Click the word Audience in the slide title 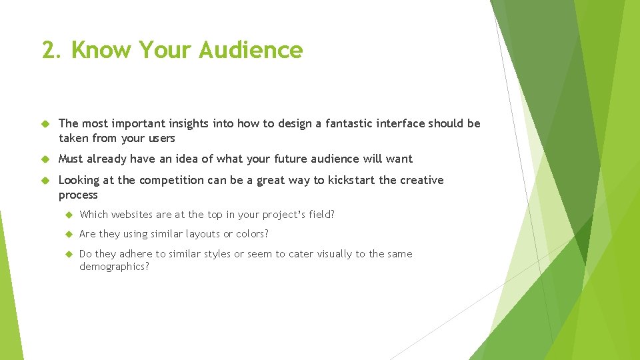pyautogui.click(x=251, y=50)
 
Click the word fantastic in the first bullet pyautogui.click(x=353, y=123)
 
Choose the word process pyautogui.click(x=78, y=195)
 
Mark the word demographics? pyautogui.click(x=114, y=267)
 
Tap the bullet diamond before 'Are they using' pyautogui.click(x=67, y=235)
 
